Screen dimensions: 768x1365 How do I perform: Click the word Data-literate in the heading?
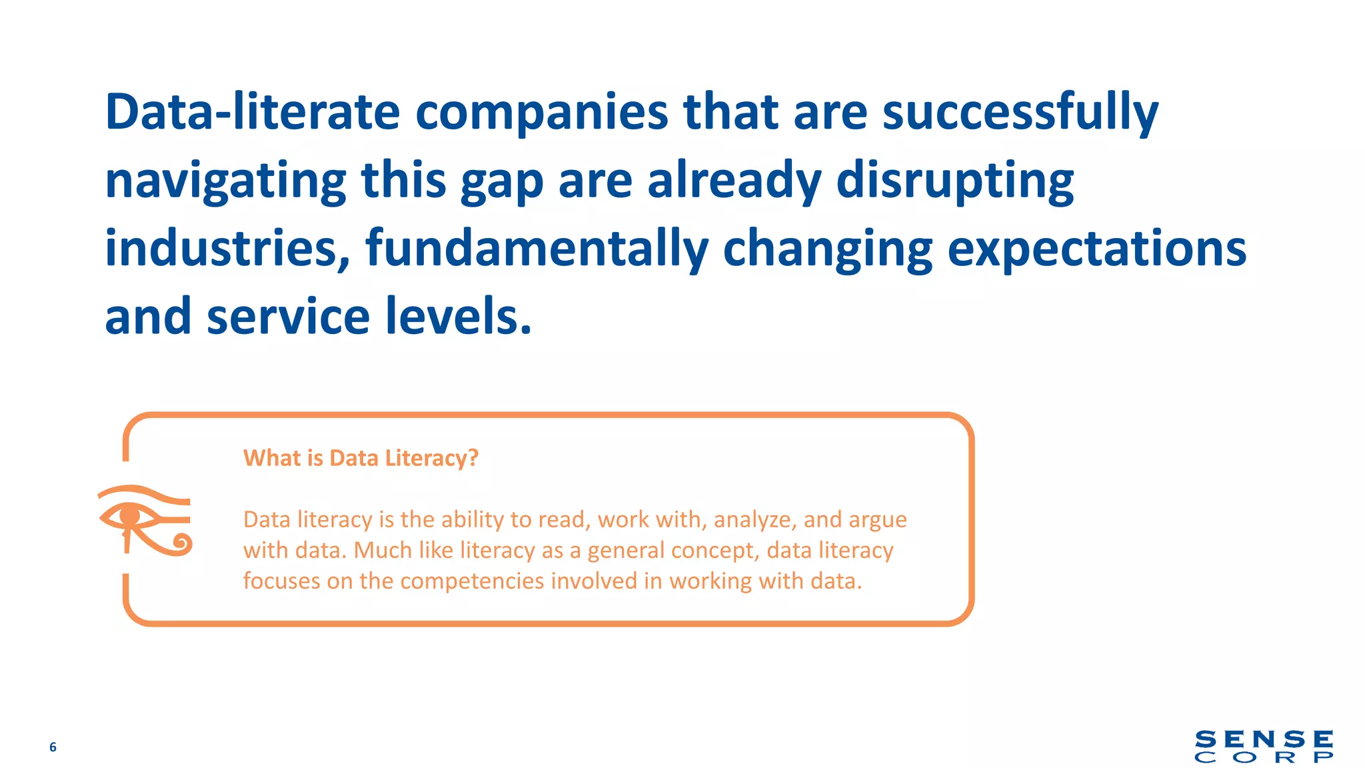click(x=252, y=112)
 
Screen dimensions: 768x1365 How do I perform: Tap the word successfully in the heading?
click(x=1020, y=112)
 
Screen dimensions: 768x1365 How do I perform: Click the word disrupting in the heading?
click(x=954, y=181)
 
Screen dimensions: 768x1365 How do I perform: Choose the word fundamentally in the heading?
click(x=537, y=249)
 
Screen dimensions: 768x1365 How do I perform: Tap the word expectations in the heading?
click(x=1096, y=249)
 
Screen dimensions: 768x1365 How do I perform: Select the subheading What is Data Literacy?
click(x=361, y=458)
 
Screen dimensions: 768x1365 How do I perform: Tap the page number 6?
click(x=53, y=747)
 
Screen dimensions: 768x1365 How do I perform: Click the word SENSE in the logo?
click(x=1264, y=740)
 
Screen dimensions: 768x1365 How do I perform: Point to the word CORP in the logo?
click(x=1264, y=758)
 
